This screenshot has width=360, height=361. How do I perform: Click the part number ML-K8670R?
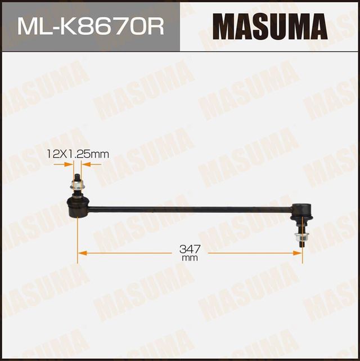tap(91, 26)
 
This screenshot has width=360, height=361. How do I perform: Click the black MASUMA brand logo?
tap(270, 26)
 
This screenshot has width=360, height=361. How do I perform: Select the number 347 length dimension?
tap(190, 248)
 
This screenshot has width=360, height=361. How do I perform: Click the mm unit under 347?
tap(190, 258)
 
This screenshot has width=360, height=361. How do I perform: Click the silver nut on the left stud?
tap(77, 186)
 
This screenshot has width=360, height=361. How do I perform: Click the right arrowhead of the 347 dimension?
tap(299, 253)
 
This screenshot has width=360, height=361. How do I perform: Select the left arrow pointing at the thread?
tap(70, 164)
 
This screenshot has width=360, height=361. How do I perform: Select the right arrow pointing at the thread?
tap(85, 164)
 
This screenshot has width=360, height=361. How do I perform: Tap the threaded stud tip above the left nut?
tap(77, 177)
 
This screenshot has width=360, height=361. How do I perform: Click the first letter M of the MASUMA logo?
tap(225, 26)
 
